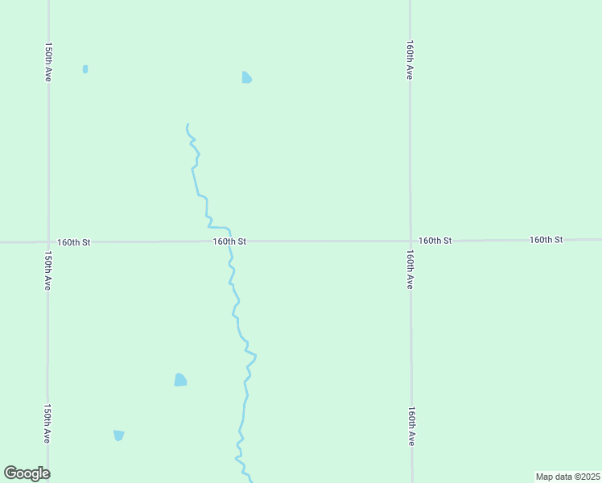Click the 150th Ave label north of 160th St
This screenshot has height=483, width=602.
pos(48,61)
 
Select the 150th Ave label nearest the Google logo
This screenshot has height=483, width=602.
pos(48,423)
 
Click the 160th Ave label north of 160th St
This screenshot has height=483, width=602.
pos(410,60)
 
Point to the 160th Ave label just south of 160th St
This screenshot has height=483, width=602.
pos(410,270)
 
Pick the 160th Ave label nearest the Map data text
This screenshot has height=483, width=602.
pos(410,427)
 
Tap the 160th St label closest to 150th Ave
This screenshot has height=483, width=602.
pos(74,242)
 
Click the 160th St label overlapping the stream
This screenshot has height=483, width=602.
pos(229,241)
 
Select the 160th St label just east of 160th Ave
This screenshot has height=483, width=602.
pos(435,240)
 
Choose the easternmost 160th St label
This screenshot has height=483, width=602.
pos(546,239)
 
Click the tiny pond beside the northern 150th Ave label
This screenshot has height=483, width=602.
pos(85,69)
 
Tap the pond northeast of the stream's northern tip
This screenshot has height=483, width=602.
pos(246,77)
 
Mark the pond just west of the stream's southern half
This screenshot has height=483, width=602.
pos(180,379)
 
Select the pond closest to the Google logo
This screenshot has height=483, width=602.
pos(119,436)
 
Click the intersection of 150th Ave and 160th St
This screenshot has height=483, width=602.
pos(48,242)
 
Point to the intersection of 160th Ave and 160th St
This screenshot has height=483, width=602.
pos(410,240)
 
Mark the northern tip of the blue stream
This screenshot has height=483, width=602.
pos(188,125)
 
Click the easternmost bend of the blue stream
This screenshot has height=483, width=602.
pos(255,354)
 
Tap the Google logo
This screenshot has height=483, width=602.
pos(27,473)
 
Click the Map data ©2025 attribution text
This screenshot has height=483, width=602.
pos(567,477)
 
